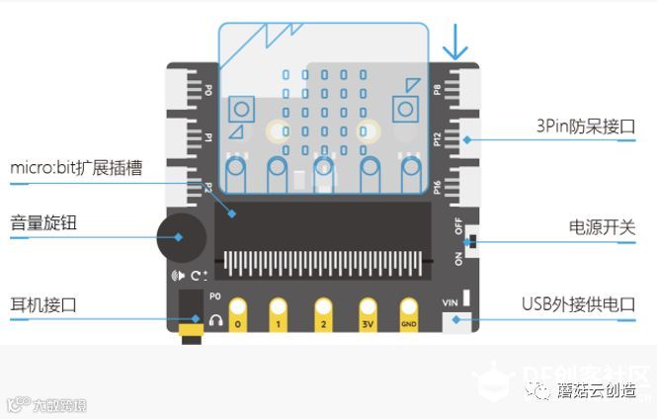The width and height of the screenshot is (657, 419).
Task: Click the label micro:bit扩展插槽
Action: click(76, 169)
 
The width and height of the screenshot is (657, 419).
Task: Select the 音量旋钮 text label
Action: click(43, 223)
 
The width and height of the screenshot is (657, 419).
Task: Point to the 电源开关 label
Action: click(603, 228)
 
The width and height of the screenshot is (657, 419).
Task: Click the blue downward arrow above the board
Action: click(455, 42)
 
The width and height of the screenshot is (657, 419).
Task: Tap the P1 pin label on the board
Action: click(208, 138)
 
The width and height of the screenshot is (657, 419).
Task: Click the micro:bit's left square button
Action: click(239, 106)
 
